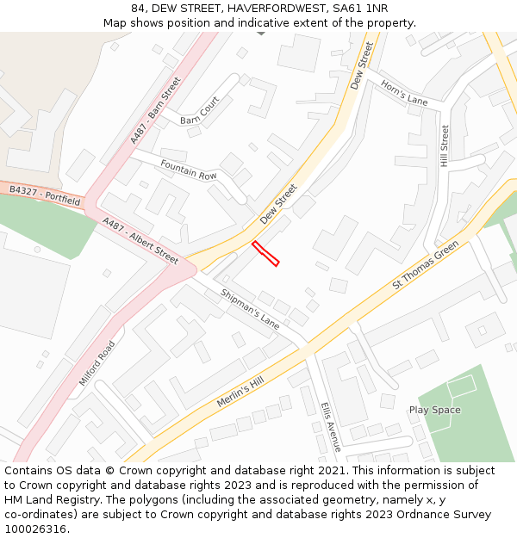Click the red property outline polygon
(x=265, y=253)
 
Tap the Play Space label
(x=434, y=410)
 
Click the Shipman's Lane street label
(x=250, y=309)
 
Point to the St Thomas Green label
(x=426, y=265)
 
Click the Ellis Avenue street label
(x=331, y=426)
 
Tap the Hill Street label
(x=445, y=145)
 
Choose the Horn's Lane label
(x=404, y=96)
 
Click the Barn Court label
(x=200, y=110)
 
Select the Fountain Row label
(x=189, y=170)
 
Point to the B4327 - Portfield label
(x=45, y=195)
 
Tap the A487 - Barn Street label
(x=156, y=110)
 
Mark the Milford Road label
(x=96, y=362)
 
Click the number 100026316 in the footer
(x=35, y=529)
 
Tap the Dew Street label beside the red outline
(x=277, y=204)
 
